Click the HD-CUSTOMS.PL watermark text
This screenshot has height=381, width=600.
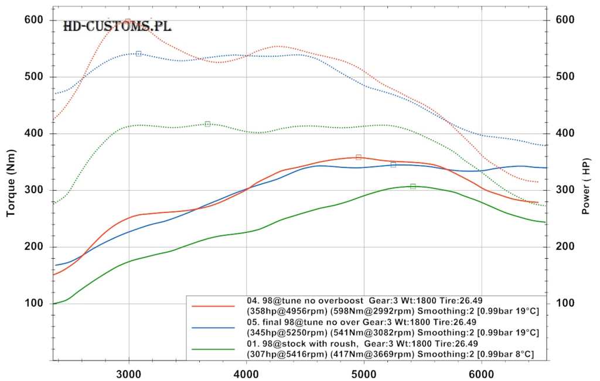click(x=117, y=26)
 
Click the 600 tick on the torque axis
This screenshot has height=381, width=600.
click(x=33, y=20)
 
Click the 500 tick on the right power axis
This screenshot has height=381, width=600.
click(x=565, y=77)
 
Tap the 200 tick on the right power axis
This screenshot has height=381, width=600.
click(x=565, y=246)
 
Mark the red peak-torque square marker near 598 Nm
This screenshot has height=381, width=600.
click(x=128, y=22)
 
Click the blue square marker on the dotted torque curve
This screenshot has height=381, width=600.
click(x=138, y=54)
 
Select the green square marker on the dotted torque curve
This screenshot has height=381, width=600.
click(x=207, y=124)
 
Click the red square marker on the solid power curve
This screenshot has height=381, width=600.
click(x=359, y=157)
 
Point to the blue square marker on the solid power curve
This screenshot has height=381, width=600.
click(x=393, y=164)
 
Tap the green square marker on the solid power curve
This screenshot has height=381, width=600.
click(x=412, y=186)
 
